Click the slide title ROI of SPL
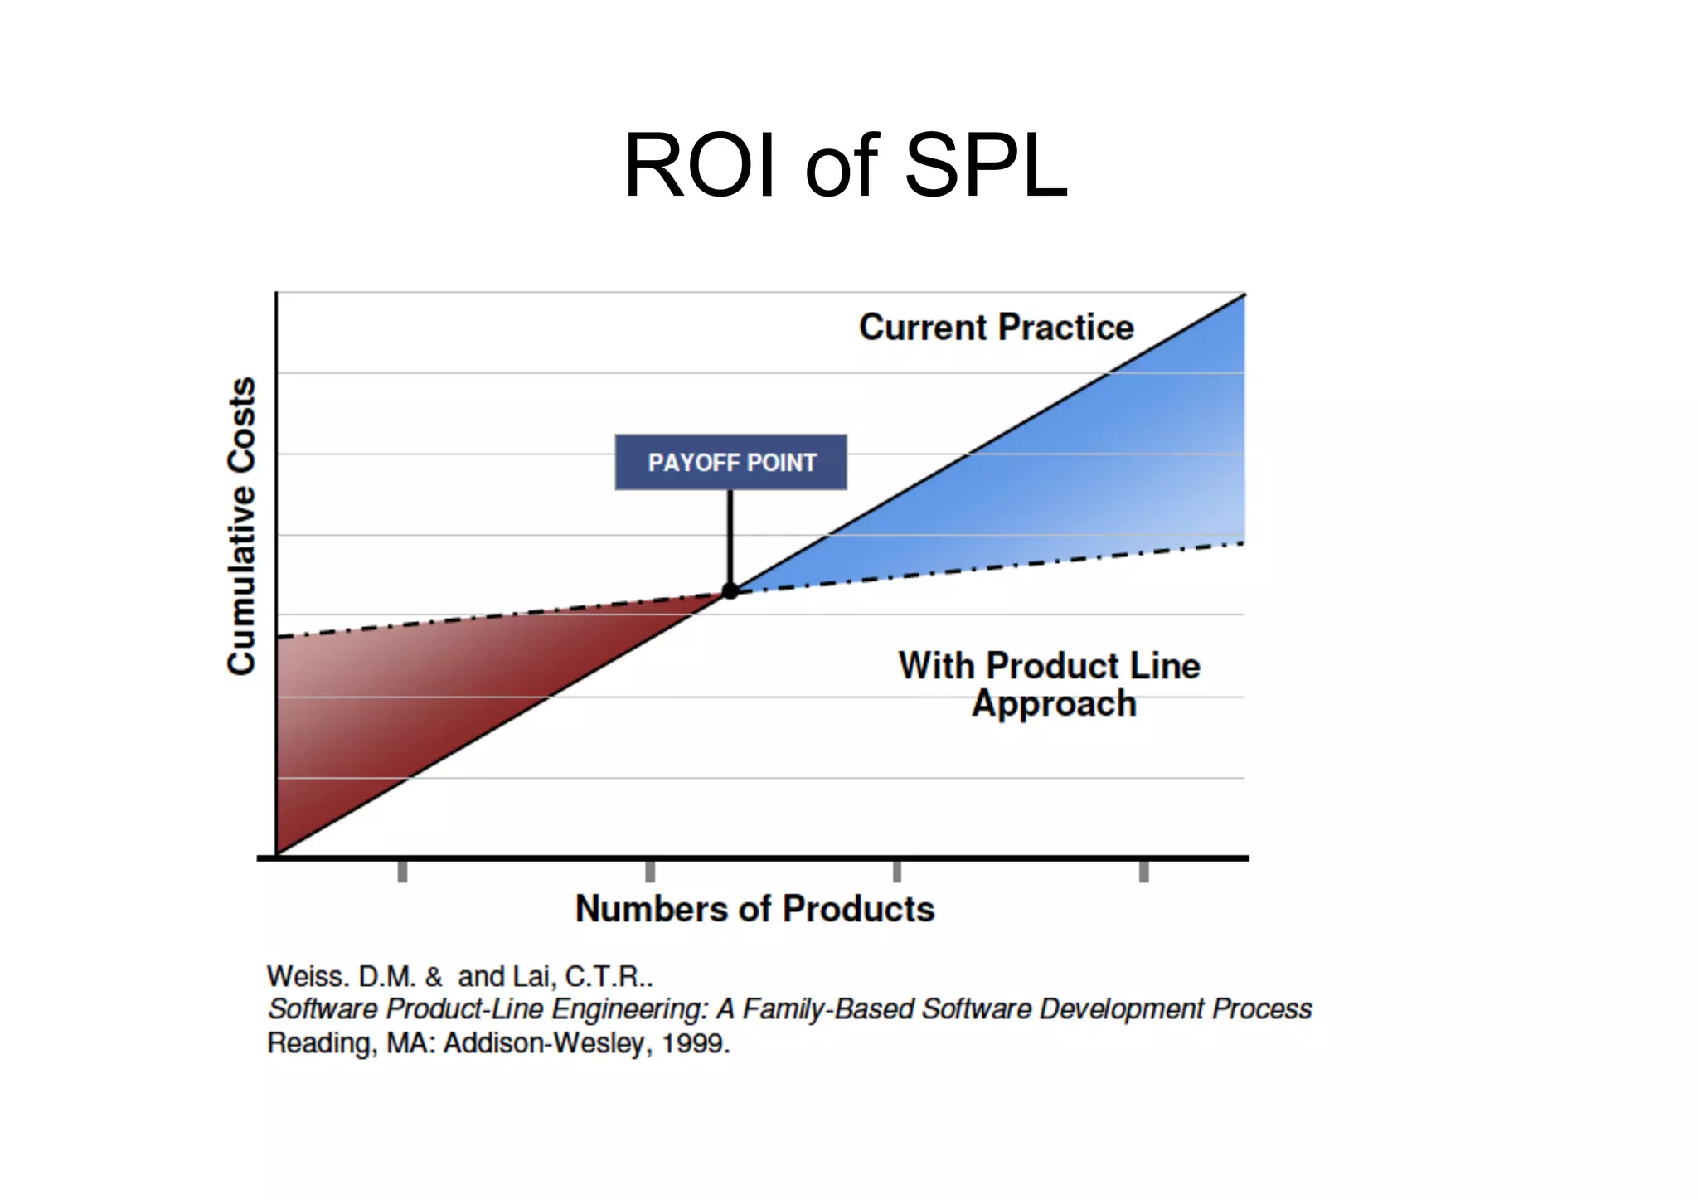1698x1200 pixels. [x=846, y=166]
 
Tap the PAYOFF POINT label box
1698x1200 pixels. [x=730, y=462]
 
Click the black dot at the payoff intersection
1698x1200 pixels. [x=730, y=590]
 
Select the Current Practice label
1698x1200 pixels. [x=996, y=327]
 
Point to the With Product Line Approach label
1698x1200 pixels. [x=1050, y=684]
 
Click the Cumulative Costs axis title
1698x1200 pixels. [x=241, y=526]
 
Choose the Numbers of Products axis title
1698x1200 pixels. [x=754, y=909]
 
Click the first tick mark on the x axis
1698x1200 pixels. [x=402, y=871]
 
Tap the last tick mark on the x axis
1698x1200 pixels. [x=1143, y=871]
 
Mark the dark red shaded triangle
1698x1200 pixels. [x=398, y=705]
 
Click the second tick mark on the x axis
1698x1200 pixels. [x=650, y=871]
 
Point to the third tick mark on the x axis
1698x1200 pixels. [x=896, y=871]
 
